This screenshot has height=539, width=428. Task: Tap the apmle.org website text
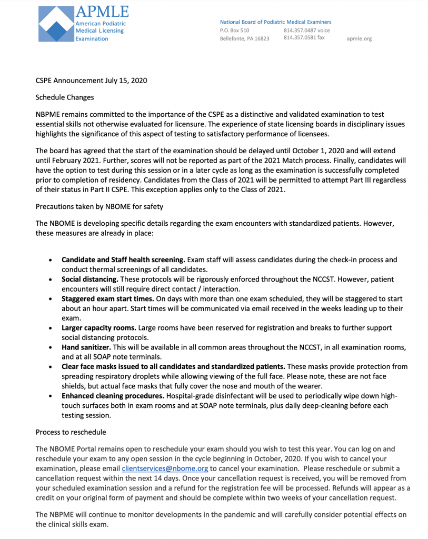[360, 38]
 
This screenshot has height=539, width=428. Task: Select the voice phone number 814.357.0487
[306, 31]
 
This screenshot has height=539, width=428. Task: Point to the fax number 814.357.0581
[304, 38]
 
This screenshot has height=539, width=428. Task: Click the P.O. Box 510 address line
[235, 31]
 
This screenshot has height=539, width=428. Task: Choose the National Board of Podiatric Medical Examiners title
[275, 22]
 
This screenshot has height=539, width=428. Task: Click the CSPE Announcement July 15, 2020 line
[91, 81]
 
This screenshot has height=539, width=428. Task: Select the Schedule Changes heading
[64, 97]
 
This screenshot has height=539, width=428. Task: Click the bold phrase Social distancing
[89, 279]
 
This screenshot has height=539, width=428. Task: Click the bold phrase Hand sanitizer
[86, 347]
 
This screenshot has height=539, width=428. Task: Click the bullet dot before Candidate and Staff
[50, 260]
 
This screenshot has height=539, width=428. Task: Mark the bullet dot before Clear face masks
[50, 367]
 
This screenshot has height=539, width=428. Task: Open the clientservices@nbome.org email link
[165, 468]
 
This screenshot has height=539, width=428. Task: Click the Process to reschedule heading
[71, 432]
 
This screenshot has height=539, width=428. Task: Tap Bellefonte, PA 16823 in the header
[244, 38]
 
